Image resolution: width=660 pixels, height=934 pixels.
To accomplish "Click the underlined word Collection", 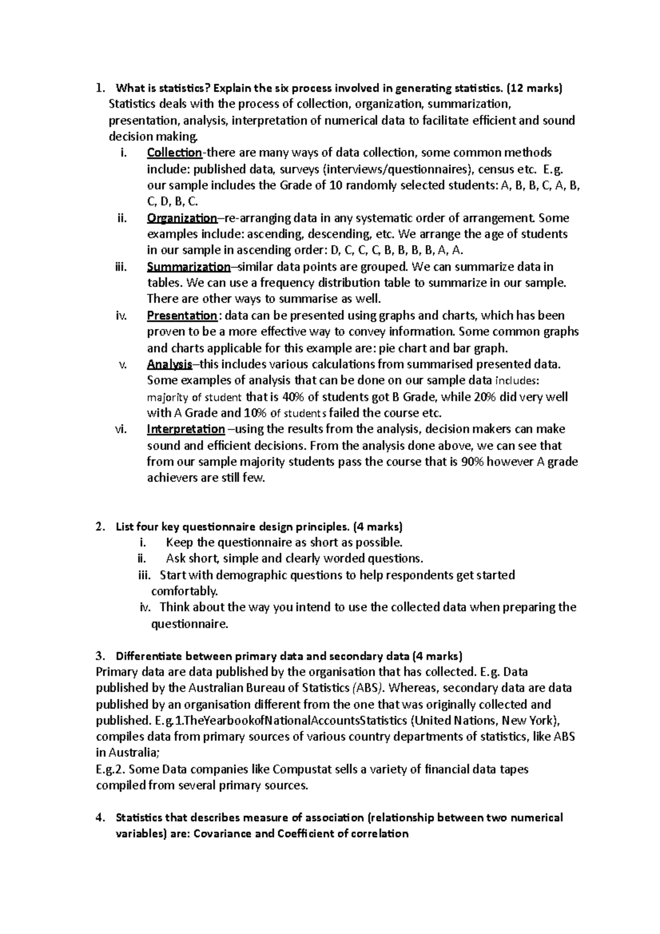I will [x=174, y=152].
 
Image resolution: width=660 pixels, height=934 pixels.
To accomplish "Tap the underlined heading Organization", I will [x=182, y=218].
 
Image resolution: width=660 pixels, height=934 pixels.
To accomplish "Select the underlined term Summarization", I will [x=189, y=267].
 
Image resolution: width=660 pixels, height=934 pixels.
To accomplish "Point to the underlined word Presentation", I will [x=182, y=316].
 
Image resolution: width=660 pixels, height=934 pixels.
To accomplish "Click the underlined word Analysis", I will [x=169, y=364].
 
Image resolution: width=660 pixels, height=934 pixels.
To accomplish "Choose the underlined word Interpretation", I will [x=186, y=429].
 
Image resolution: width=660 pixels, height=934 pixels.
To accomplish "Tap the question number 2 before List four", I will [x=98, y=527].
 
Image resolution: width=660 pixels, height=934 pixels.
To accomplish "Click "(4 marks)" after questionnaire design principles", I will [x=379, y=527].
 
